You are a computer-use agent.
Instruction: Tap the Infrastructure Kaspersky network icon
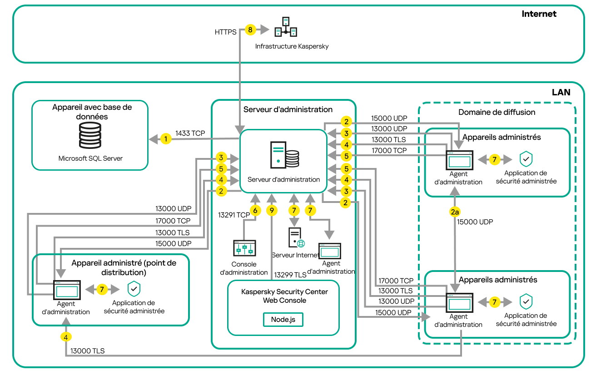[x=286, y=27]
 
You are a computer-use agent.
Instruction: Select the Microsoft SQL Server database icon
[x=90, y=135]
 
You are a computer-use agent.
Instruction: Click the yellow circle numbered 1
[x=166, y=139]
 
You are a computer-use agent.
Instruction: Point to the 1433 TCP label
[x=190, y=133]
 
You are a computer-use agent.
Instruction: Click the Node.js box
[x=283, y=319]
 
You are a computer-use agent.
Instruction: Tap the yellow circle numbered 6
[x=255, y=211]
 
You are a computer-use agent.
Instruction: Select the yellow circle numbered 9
[x=272, y=211]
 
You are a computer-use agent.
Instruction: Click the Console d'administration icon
[x=244, y=248]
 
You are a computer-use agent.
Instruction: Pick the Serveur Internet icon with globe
[x=296, y=237]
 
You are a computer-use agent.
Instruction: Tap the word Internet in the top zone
[x=539, y=14]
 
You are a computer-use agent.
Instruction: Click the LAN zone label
[x=561, y=92]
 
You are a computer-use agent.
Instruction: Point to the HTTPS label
[x=225, y=32]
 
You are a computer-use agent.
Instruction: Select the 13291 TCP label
[x=234, y=215]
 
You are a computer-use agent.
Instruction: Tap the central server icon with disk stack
[x=284, y=155]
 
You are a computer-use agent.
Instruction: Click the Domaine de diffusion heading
[x=497, y=112]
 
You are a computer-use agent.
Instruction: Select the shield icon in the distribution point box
[x=134, y=288]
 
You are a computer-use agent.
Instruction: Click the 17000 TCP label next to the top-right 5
[x=389, y=150]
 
